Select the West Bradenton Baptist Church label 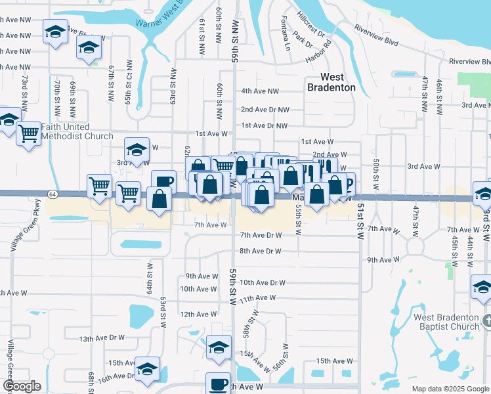(x=446, y=322)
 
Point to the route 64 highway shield (x=51, y=193)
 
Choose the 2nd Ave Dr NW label (x=264, y=110)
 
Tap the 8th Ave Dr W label (x=260, y=252)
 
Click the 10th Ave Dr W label (x=262, y=283)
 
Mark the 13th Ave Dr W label (x=102, y=338)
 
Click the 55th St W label (x=298, y=219)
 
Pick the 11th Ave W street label (x=257, y=298)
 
